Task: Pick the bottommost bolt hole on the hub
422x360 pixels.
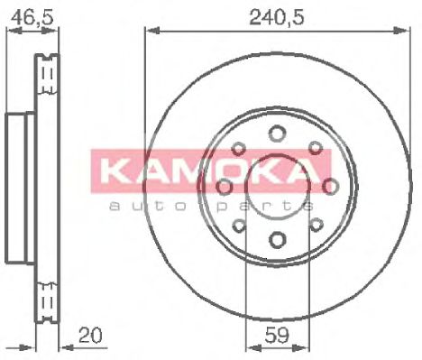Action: click(277, 241)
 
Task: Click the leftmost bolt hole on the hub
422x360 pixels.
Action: click(223, 187)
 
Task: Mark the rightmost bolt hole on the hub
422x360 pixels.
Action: click(331, 187)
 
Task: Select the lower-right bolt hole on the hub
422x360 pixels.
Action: click(315, 226)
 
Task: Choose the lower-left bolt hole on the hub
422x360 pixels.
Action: click(239, 226)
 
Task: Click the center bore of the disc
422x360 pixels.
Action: click(277, 187)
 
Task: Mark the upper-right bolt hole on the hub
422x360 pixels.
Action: click(315, 148)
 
